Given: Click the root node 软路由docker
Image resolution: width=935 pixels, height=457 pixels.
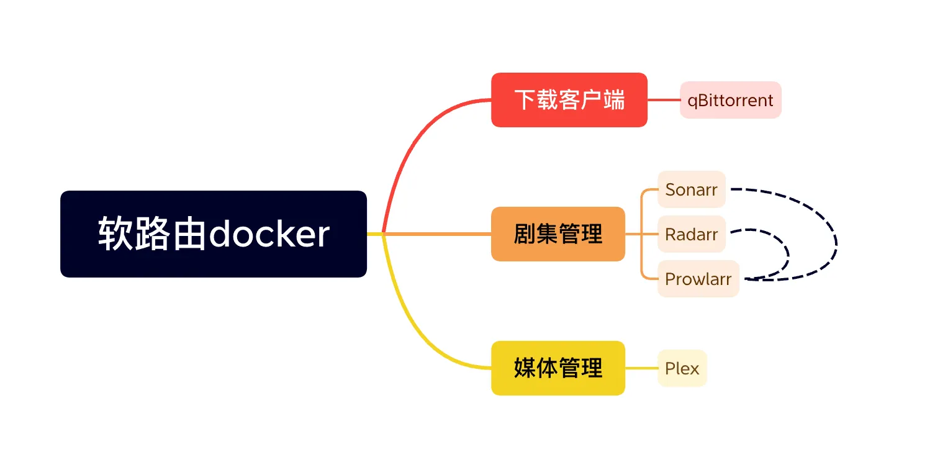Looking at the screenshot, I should tap(213, 233).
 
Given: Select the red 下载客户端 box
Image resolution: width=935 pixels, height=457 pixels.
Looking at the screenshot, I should tap(569, 100).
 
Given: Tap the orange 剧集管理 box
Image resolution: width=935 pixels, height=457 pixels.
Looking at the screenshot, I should tap(558, 234).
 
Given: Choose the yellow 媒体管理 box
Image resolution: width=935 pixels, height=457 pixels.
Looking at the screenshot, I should tap(558, 368).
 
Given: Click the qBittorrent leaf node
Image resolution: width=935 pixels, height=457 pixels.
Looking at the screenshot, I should tap(730, 100).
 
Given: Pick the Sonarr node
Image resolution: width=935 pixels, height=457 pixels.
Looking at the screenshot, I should tap(691, 189).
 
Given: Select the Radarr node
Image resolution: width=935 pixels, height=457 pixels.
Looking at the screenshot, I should tap(691, 234).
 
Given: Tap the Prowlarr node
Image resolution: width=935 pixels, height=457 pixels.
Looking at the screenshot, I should tap(698, 279).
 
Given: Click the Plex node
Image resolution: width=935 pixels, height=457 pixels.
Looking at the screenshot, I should tap(682, 368).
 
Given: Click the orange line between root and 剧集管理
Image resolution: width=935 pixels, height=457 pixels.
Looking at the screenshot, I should tap(435, 234).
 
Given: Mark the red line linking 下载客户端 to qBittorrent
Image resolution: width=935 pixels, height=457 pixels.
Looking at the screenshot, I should tap(663, 100).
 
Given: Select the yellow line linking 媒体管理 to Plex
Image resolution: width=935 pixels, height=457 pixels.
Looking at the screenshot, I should tap(641, 368).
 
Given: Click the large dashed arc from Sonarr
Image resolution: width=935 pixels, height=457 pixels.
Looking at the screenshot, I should tap(836, 239).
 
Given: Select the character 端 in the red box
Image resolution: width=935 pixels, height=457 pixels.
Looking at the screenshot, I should tap(614, 100).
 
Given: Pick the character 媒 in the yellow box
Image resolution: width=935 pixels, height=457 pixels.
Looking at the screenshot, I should tap(525, 368).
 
